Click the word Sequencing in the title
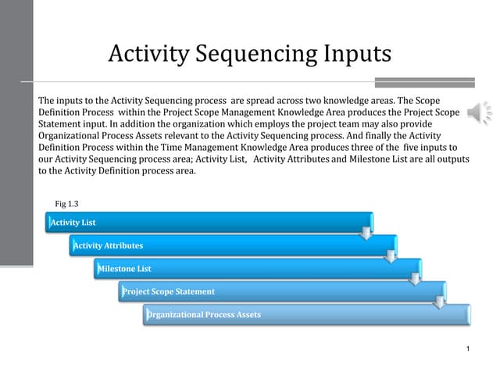click(x=256, y=54)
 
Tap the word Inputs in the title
click(x=358, y=54)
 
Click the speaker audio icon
click(x=479, y=112)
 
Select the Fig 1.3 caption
click(x=66, y=204)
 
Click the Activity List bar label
click(x=73, y=222)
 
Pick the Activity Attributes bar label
click(x=108, y=245)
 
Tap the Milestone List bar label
click(x=124, y=269)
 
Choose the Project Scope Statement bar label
click(x=169, y=291)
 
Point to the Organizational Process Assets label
click(x=204, y=315)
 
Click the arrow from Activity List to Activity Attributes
click(x=366, y=234)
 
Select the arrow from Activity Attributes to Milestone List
click(x=391, y=257)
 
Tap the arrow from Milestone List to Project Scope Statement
click(x=415, y=280)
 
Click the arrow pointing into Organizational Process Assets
click(x=439, y=302)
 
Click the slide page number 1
click(x=468, y=348)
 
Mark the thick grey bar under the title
click(x=425, y=82)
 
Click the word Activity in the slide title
click(x=149, y=54)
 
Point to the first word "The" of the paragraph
click(x=46, y=101)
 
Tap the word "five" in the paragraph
click(x=410, y=148)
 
